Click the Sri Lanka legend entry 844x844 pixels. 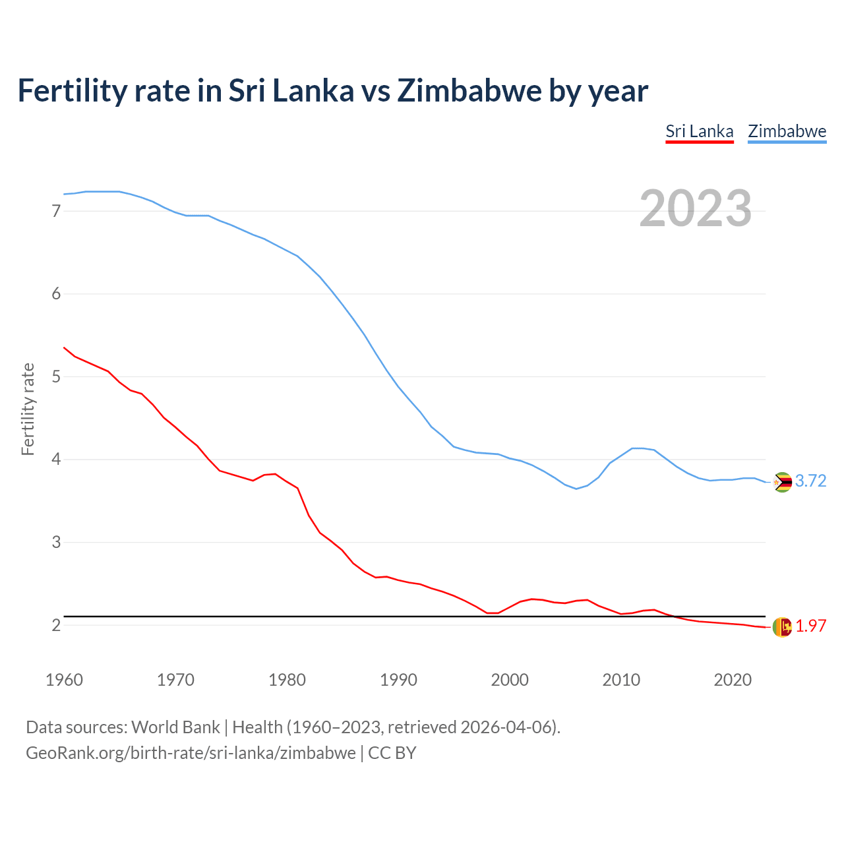699,131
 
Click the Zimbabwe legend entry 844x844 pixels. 787,131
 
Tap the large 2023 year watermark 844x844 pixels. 695,208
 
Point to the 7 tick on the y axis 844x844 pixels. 56,211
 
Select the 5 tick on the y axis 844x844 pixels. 56,377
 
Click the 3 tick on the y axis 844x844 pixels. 56,542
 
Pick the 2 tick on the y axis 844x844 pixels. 56,625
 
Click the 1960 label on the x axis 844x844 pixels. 64,680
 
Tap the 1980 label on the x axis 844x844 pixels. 287,680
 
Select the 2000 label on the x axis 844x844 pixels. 510,680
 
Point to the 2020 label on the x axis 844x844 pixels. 733,680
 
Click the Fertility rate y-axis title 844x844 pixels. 28,409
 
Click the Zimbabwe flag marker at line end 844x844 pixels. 782,482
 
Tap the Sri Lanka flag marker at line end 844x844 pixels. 782,627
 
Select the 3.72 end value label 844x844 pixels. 810,481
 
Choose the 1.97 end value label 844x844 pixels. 810,626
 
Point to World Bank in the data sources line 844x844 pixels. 175,727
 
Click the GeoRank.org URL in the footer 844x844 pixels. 191,753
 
